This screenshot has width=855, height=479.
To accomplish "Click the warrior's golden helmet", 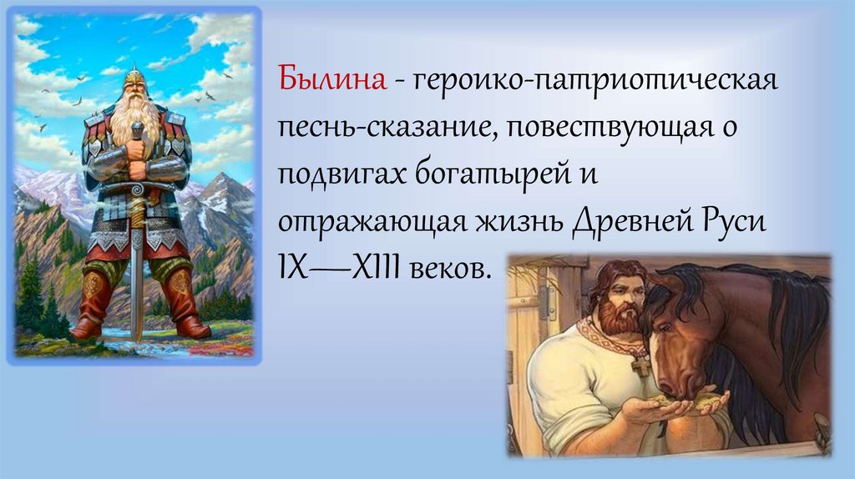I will [134, 79].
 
